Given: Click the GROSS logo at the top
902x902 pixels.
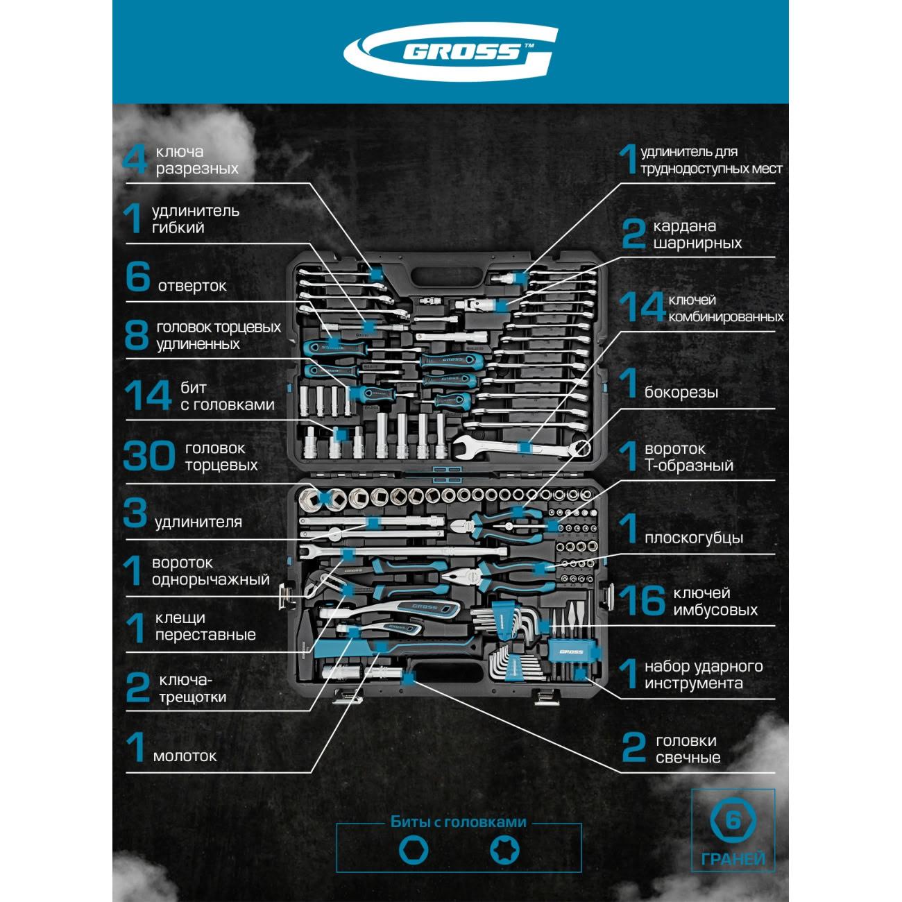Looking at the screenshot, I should [451, 52].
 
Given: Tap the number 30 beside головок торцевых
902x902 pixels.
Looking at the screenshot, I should [148, 457].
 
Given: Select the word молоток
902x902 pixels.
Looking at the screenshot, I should [185, 756].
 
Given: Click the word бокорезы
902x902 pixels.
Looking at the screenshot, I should [681, 393].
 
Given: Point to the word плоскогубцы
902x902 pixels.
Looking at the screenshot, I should [693, 538].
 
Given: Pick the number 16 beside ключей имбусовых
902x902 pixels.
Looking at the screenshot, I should [642, 601].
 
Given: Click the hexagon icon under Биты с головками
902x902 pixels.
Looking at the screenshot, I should [414, 850].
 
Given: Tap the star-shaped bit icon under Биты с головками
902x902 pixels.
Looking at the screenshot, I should [504, 850].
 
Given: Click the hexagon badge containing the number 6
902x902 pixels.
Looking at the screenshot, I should [733, 821].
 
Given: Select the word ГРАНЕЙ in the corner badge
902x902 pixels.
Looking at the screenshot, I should [733, 860].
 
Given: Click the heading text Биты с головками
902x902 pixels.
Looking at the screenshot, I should [459, 822].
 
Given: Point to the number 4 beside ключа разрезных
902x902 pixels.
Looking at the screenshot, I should [135, 160].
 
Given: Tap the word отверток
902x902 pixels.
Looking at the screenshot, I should [192, 286].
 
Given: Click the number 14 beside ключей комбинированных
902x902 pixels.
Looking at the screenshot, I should [641, 307].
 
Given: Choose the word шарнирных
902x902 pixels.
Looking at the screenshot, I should [697, 244].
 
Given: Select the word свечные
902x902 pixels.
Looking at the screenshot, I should [688, 758].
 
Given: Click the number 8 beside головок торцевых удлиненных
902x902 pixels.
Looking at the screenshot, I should [136, 335].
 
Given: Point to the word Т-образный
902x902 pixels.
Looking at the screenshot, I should [688, 466].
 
